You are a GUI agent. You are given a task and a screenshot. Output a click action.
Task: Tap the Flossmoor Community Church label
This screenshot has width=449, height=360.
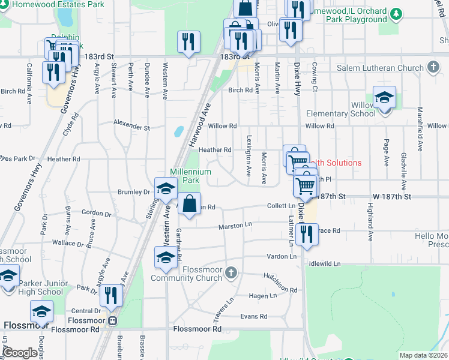pyautogui.click(x=186, y=274)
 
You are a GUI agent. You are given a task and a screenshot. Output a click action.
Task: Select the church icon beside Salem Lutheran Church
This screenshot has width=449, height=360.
pyautogui.click(x=433, y=67)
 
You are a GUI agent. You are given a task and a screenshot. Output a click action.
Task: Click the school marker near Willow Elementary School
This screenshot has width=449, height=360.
pyautogui.click(x=384, y=98)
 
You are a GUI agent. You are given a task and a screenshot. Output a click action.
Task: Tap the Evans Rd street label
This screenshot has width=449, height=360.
pyautogui.click(x=253, y=316)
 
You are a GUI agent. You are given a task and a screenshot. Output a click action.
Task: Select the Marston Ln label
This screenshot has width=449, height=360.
pyautogui.click(x=235, y=226)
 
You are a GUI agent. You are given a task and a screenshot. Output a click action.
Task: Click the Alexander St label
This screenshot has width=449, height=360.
pyautogui.click(x=131, y=127)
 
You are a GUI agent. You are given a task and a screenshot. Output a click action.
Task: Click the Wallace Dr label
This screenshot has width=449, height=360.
pyautogui.click(x=67, y=243)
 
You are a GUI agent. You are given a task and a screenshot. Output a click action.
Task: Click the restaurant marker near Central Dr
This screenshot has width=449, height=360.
pyautogui.click(x=111, y=295)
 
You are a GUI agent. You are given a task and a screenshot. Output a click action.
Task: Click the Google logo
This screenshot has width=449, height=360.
pyautogui.click(x=20, y=353)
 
